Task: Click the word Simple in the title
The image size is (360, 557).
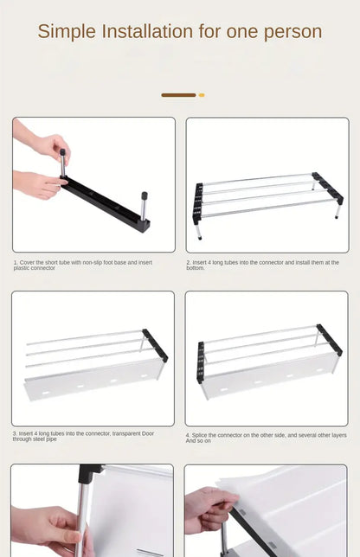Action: pos(67,33)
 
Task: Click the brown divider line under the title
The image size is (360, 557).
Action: pos(178,95)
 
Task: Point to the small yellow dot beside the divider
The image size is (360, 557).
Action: pos(202,95)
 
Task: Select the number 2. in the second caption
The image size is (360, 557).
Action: pos(189,262)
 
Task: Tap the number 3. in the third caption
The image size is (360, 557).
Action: pos(15,433)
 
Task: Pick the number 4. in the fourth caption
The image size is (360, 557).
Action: pos(188,434)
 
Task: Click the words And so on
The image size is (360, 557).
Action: pos(198,440)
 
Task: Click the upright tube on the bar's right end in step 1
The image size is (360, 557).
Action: pos(144,207)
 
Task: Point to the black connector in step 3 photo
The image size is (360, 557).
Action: pos(157,344)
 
